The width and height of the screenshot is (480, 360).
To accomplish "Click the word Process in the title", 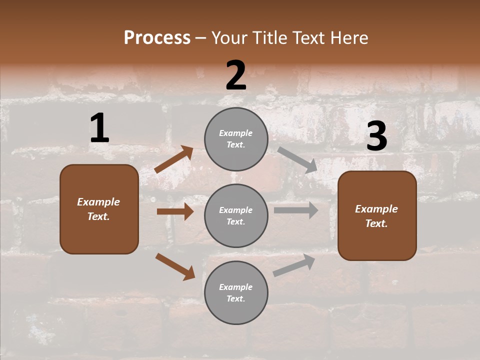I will click(x=157, y=38).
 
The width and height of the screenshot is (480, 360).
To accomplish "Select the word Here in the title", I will click(x=348, y=38).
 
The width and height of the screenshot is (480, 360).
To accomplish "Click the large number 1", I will click(x=99, y=128).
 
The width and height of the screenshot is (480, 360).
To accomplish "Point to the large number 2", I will click(x=236, y=75).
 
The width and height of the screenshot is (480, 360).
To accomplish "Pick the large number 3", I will click(x=376, y=137).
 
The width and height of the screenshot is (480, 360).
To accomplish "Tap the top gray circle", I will click(x=236, y=139).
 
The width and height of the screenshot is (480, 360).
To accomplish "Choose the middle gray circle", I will click(x=236, y=215).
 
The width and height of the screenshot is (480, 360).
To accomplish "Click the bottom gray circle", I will click(x=236, y=293).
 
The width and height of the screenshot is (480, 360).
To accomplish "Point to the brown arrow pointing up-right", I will click(x=174, y=159).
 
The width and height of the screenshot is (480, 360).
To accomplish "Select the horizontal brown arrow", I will click(x=175, y=211).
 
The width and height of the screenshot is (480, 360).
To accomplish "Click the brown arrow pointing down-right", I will click(x=175, y=266).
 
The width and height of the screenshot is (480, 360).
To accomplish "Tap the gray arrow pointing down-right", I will click(x=297, y=159).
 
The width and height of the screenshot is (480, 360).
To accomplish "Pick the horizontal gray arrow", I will click(x=296, y=210).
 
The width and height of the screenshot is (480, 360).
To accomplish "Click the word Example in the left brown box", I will click(x=98, y=202).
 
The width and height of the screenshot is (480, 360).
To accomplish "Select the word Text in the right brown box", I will click(x=376, y=223).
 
